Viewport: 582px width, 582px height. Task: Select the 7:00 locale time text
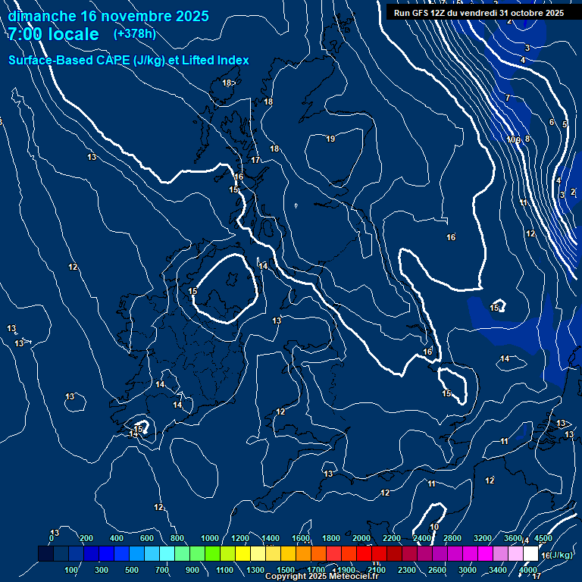click(x=53, y=34)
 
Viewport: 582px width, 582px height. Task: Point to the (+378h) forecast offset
click(x=135, y=34)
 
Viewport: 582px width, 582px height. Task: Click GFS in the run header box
click(x=424, y=13)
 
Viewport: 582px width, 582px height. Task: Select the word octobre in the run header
click(x=527, y=13)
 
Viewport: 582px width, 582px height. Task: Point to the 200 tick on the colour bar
click(x=86, y=539)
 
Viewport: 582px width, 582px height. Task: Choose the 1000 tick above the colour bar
click(x=210, y=539)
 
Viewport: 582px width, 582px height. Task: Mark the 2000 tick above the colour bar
click(x=361, y=539)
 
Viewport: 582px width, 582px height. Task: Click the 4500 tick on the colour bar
click(x=543, y=539)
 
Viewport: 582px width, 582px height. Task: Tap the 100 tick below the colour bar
click(x=71, y=570)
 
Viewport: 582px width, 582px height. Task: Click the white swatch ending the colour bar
click(x=531, y=555)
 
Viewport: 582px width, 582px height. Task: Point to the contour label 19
click(x=330, y=139)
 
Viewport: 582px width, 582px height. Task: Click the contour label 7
click(x=508, y=98)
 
